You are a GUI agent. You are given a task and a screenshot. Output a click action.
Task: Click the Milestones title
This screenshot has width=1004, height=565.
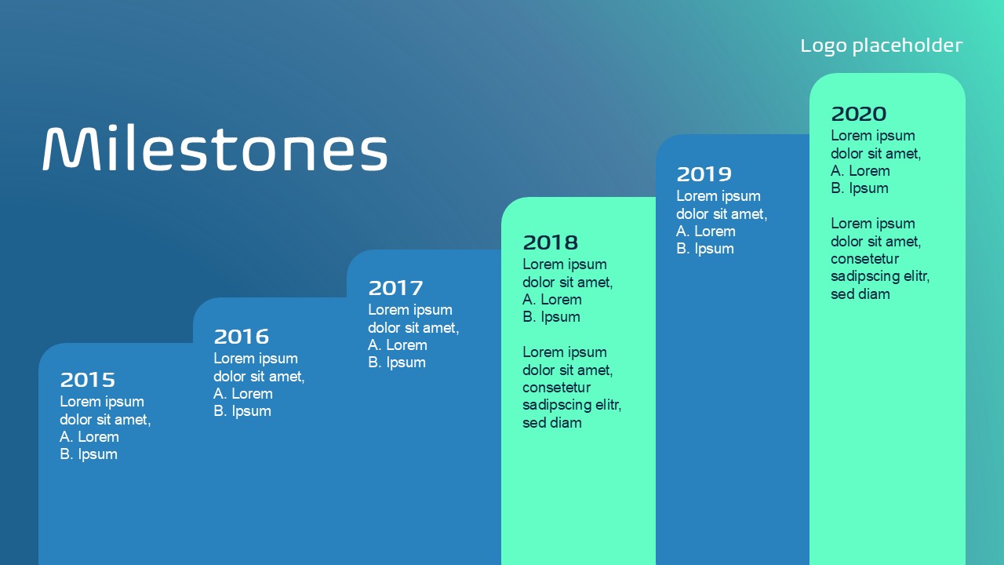click(215, 148)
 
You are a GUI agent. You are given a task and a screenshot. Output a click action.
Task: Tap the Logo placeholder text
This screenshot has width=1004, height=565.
click(881, 46)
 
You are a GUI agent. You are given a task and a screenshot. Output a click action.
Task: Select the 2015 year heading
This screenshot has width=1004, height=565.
click(87, 380)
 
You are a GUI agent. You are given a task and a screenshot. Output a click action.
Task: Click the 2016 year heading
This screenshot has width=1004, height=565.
click(241, 337)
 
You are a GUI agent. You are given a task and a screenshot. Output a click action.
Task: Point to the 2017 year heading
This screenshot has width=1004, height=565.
click(395, 288)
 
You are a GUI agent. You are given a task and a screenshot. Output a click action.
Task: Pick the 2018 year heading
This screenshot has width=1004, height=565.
click(551, 242)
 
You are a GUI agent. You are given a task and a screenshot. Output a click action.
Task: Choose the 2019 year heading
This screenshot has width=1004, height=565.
click(704, 174)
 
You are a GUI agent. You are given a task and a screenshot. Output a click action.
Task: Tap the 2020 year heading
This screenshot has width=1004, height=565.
click(858, 114)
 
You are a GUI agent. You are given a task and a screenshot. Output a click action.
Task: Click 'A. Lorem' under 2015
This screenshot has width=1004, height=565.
click(89, 437)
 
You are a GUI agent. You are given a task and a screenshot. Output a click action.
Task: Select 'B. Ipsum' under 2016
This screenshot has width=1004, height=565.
click(242, 410)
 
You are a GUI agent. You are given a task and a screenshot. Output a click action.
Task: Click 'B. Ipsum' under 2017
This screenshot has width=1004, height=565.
click(397, 363)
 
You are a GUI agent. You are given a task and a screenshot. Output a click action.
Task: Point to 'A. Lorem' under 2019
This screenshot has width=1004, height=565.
click(705, 231)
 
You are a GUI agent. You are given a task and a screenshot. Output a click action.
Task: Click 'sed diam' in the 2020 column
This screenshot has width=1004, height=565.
click(860, 294)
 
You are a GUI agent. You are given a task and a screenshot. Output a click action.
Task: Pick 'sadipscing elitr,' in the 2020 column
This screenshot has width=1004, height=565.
click(880, 276)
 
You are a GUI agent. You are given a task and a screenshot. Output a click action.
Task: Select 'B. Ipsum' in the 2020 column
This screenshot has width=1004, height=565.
click(859, 188)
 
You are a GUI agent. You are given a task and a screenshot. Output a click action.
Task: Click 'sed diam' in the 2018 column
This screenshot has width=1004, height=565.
click(551, 423)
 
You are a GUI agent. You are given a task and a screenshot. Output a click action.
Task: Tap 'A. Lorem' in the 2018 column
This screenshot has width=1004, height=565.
click(551, 300)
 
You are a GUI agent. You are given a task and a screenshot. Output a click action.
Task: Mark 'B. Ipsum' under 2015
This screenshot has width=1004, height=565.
click(89, 454)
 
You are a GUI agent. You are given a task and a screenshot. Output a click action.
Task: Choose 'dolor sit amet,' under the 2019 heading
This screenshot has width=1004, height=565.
click(722, 214)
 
